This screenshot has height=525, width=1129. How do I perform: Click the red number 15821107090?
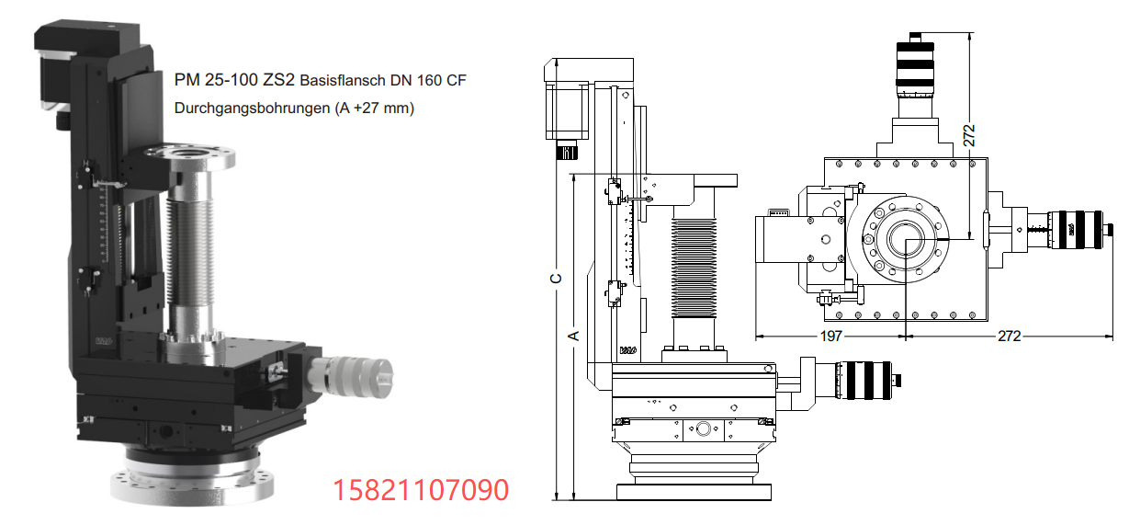421,490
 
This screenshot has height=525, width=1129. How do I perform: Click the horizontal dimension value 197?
830,336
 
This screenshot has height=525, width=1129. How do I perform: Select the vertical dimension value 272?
969,135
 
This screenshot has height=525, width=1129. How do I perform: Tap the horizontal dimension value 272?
1009,336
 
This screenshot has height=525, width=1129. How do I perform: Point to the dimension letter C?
556,279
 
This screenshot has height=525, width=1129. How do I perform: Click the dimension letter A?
573,336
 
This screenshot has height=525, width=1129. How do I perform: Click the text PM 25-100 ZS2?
234,80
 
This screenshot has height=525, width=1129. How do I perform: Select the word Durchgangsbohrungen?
252,108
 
